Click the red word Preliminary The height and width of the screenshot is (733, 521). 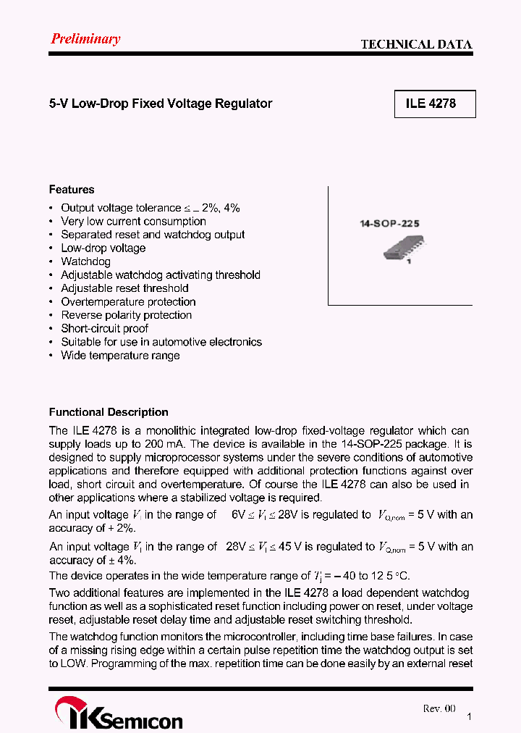click(85, 39)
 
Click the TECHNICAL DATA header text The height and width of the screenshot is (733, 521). click(416, 44)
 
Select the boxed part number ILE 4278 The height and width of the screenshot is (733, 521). click(431, 104)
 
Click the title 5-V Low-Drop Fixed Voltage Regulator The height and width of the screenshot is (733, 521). click(161, 104)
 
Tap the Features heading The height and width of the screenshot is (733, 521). click(72, 190)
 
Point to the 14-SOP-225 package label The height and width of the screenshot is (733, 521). click(389, 225)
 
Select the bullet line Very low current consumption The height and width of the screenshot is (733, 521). click(133, 222)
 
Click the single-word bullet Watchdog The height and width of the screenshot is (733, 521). click(85, 261)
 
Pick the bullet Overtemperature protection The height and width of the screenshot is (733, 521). click(128, 302)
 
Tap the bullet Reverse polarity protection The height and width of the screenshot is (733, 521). click(127, 315)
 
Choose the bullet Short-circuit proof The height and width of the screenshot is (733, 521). click(105, 329)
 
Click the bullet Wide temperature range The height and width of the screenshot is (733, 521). click(120, 356)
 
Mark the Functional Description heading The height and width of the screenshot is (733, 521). click(109, 412)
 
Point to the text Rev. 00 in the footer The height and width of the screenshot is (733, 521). click(439, 708)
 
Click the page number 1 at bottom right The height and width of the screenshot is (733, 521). click(470, 716)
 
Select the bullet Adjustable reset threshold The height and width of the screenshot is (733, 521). click(124, 288)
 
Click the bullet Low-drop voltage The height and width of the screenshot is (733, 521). click(103, 248)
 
